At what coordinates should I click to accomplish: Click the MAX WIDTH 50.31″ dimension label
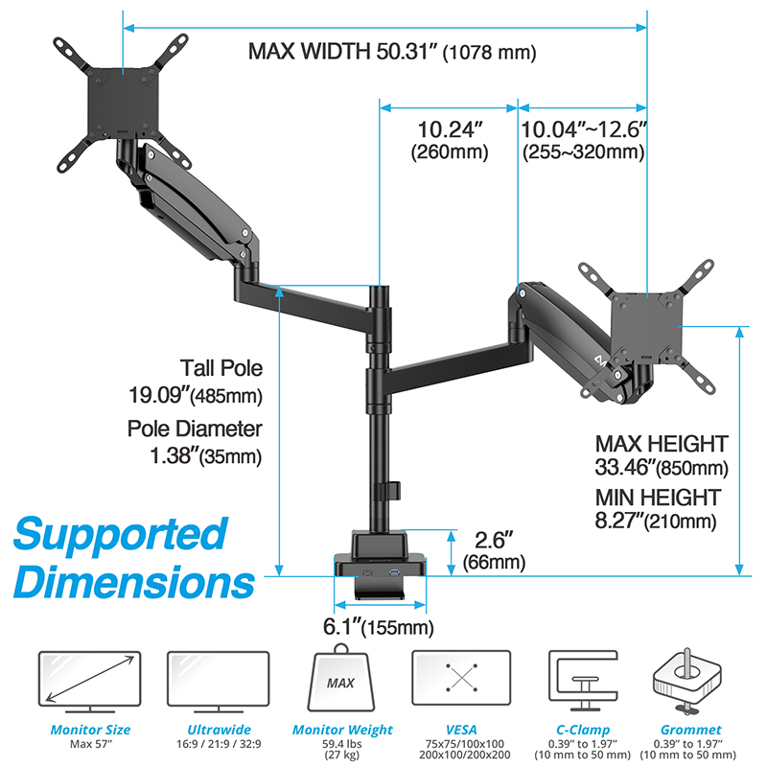coord(392,52)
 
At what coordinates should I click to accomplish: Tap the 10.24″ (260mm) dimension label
coord(450,140)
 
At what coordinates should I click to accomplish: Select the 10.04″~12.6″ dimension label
coord(584,140)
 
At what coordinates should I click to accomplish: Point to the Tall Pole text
coord(221,368)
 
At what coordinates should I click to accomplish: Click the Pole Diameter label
coord(195,429)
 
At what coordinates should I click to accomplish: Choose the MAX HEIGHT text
coord(662,444)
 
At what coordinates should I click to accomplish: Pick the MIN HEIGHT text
coord(658,498)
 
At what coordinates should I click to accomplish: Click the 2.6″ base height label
coord(494,550)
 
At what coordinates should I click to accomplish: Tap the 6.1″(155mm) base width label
coord(378,627)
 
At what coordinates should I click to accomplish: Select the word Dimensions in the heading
coord(134,582)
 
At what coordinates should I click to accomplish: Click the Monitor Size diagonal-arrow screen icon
coord(90,682)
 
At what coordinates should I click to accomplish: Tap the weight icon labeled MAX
coord(341,678)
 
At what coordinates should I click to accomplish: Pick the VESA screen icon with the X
coord(461,678)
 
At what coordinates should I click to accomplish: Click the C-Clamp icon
coord(583,681)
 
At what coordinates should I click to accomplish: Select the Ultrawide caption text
coord(219,730)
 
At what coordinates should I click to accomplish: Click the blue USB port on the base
coord(394,571)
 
